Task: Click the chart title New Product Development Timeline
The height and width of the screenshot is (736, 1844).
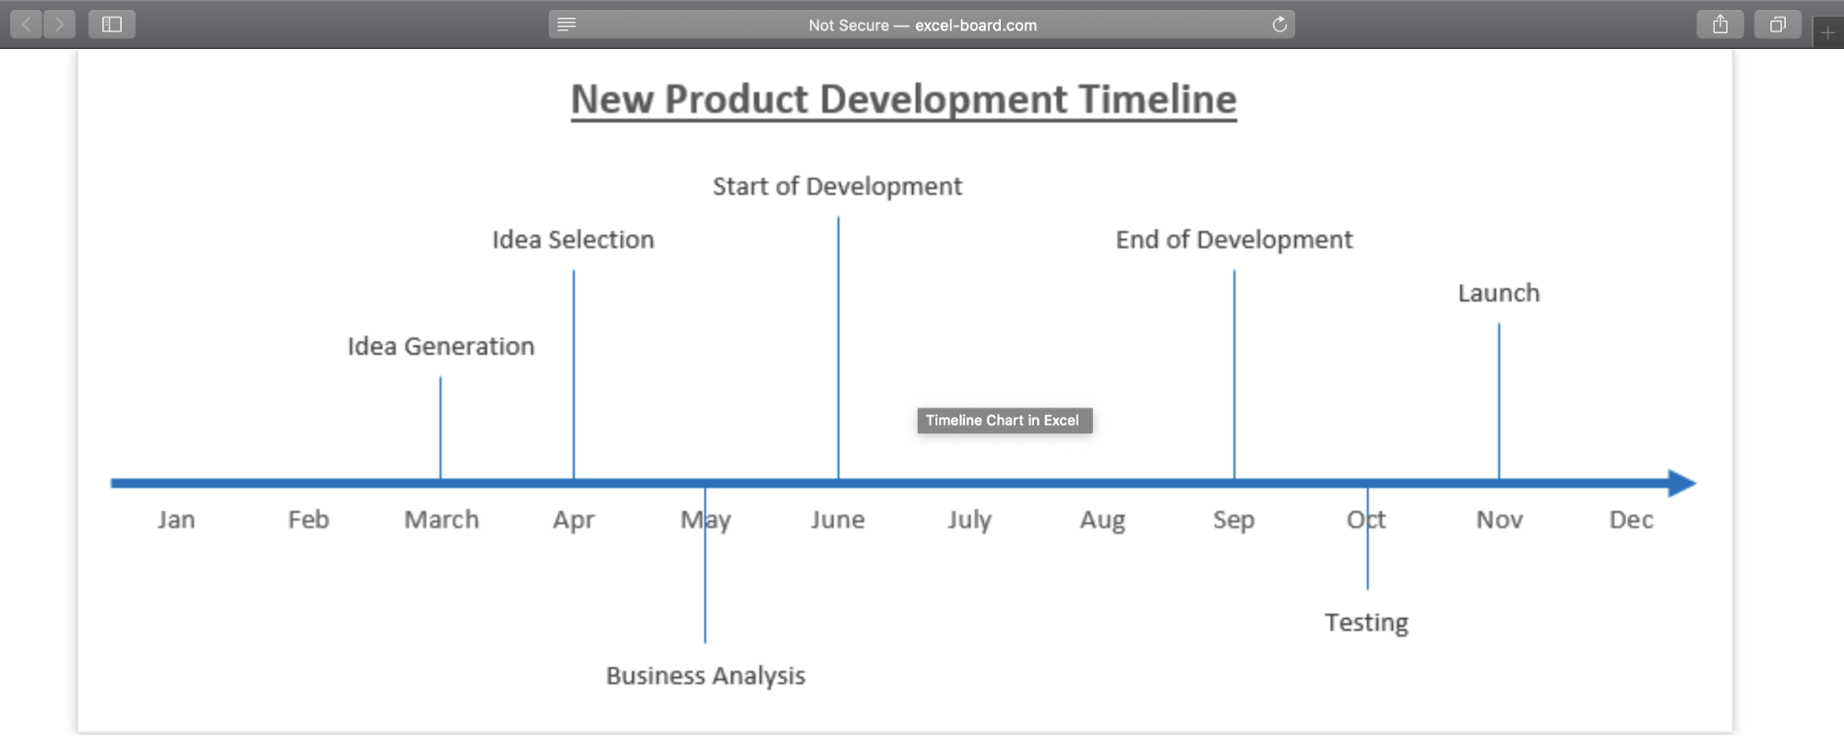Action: coord(903,100)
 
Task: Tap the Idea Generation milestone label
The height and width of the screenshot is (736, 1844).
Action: coord(441,346)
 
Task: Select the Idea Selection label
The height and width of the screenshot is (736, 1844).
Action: coord(573,240)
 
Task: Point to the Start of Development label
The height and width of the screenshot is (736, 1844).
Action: coord(837,186)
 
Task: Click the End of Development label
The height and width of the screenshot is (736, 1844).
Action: coord(1234,240)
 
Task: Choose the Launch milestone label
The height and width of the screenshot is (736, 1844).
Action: coord(1499,293)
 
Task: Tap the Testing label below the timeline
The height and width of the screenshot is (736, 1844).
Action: coord(1366,623)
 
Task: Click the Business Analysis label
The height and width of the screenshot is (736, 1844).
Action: coord(706,676)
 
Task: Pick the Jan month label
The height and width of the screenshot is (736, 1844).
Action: coord(176,519)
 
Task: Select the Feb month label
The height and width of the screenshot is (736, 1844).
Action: coord(308,519)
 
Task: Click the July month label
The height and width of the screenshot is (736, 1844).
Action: coord(970,520)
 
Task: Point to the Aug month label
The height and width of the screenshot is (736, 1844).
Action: coord(1102,520)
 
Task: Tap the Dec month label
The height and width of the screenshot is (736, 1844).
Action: coord(1631,519)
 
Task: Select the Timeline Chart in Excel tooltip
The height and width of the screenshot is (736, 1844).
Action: coord(1005,421)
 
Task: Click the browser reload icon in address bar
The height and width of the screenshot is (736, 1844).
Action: coord(1279,25)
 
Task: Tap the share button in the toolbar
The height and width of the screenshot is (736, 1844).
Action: coord(1720,25)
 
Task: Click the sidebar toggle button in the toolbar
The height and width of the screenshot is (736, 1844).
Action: coord(112,25)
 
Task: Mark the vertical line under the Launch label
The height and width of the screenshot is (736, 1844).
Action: coord(1499,401)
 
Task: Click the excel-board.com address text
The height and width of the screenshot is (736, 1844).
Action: coord(976,26)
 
